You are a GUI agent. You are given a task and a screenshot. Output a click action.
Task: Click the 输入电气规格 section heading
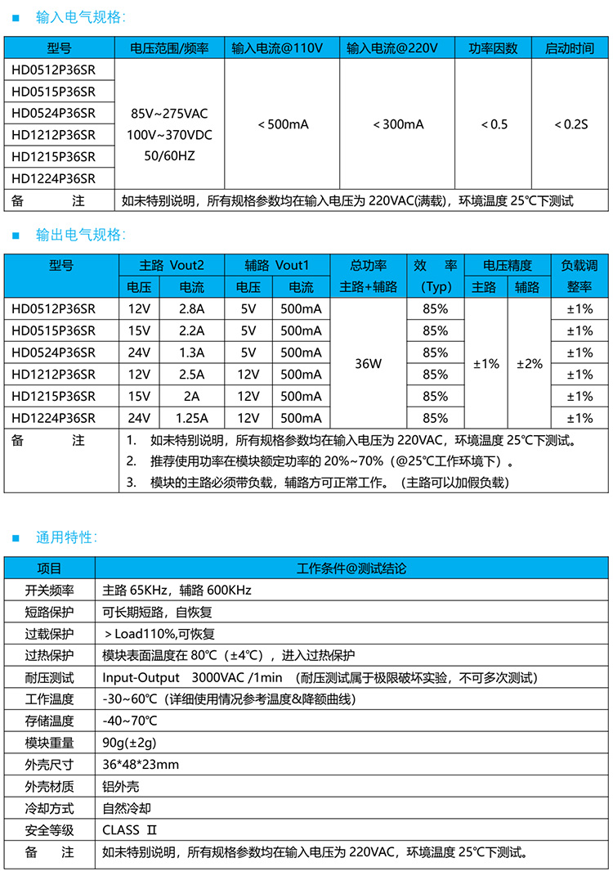click(80, 16)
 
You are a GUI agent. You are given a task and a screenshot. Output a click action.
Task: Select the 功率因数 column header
click(493, 48)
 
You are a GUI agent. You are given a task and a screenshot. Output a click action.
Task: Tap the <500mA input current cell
click(283, 124)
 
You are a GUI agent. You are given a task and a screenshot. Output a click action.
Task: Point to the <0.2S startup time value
click(570, 124)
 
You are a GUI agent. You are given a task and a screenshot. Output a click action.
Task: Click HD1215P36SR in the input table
click(54, 156)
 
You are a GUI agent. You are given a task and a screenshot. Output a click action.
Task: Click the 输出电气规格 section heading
click(80, 236)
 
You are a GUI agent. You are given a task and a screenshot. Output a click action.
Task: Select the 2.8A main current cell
click(191, 309)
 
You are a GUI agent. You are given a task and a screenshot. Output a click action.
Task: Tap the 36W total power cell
click(368, 363)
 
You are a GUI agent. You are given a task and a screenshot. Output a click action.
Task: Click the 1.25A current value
click(191, 418)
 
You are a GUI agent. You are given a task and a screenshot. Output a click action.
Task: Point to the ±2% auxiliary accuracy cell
click(529, 364)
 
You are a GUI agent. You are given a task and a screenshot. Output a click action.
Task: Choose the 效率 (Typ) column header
click(435, 276)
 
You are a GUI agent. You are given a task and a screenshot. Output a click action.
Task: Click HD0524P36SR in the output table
click(54, 353)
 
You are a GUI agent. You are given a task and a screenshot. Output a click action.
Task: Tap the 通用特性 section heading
click(66, 537)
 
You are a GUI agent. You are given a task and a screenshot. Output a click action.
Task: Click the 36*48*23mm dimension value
click(141, 765)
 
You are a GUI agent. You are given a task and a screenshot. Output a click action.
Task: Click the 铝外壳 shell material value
click(121, 787)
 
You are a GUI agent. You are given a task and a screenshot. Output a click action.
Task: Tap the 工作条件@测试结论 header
click(351, 568)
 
